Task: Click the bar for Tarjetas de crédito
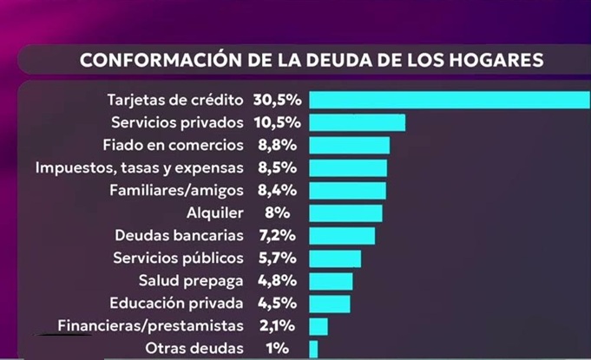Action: click(450, 99)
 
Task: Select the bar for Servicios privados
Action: click(357, 121)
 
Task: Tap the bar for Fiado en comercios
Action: click(349, 144)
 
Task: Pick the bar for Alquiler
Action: click(345, 213)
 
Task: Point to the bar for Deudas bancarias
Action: click(342, 235)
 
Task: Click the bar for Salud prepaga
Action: click(331, 281)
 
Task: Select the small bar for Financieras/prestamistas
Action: click(318, 326)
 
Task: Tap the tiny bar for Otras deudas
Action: click(313, 349)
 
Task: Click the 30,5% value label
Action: click(277, 99)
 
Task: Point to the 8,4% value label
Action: click(277, 190)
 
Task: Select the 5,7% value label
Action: click(277, 258)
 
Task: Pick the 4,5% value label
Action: click(277, 304)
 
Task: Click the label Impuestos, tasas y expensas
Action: click(140, 167)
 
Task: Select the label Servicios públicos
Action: click(179, 258)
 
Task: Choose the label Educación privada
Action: click(177, 304)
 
